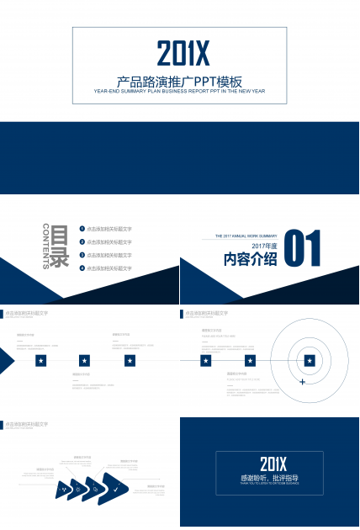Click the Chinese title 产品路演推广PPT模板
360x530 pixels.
(x=180, y=82)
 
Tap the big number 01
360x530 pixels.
(x=303, y=251)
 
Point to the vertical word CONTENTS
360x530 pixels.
(x=45, y=247)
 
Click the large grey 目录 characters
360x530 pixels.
(x=60, y=247)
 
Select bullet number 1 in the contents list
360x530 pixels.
(x=82, y=229)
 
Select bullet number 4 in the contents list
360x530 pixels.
(x=82, y=268)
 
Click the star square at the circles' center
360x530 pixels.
(x=310, y=360)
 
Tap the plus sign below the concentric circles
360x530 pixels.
(x=302, y=382)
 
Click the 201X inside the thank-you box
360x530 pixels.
(x=273, y=464)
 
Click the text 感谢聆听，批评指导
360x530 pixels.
(x=269, y=477)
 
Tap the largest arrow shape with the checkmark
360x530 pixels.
(x=115, y=487)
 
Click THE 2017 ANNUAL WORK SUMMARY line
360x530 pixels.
(x=246, y=236)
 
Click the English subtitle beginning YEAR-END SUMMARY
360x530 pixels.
(x=179, y=91)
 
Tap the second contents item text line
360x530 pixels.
(x=109, y=242)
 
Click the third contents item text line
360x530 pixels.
(x=109, y=255)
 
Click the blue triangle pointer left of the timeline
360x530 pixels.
(x=6, y=360)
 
